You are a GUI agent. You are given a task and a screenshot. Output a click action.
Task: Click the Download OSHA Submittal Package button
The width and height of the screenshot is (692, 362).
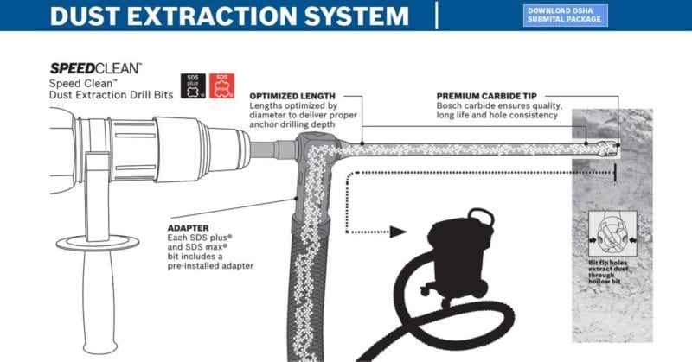pos(566,15)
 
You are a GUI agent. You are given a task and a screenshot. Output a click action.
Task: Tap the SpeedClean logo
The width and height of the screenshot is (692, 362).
pos(95,67)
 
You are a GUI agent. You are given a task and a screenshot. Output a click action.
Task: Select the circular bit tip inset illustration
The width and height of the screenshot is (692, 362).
pos(613,233)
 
